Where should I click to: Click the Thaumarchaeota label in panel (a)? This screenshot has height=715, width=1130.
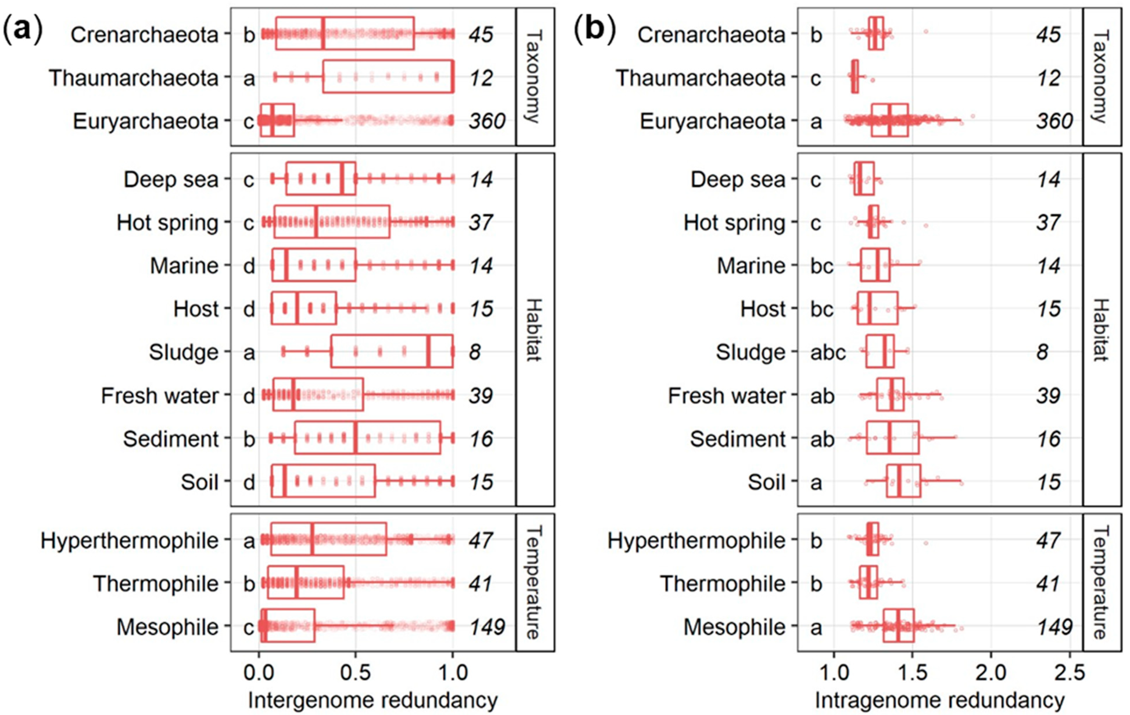[134, 78]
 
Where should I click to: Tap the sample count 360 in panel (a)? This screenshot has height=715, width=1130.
[487, 121]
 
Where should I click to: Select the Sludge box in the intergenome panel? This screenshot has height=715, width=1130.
[392, 352]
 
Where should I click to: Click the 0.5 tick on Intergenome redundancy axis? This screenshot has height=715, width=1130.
[355, 673]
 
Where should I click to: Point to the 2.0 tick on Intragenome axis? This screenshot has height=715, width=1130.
[991, 673]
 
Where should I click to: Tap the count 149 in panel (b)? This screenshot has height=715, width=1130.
[1054, 627]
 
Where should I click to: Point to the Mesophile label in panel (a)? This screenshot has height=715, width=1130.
[167, 627]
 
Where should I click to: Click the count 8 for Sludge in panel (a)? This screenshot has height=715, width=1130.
[475, 352]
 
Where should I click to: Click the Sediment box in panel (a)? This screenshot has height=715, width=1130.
[368, 438]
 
